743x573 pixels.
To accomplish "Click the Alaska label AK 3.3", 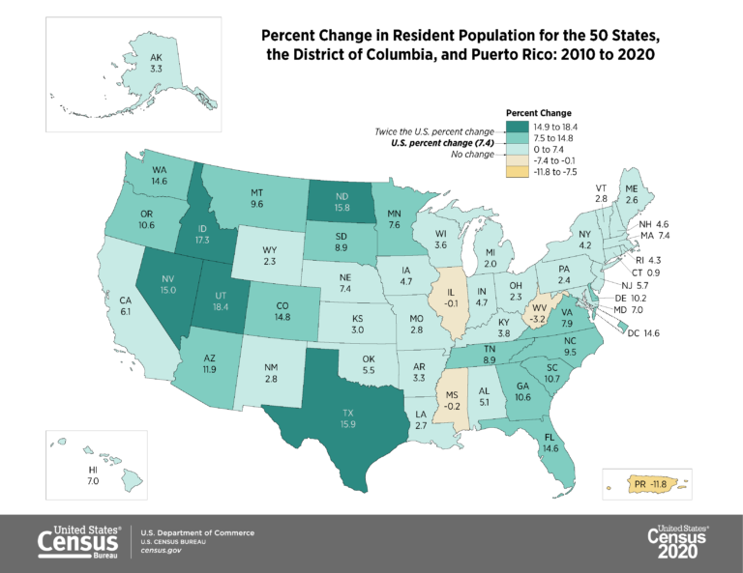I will click(156, 63).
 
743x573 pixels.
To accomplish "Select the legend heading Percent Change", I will click(539, 112).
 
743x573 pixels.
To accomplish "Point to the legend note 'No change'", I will click(473, 155).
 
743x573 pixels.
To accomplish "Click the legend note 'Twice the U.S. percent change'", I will click(434, 130).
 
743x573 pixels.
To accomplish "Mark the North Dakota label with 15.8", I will click(342, 200).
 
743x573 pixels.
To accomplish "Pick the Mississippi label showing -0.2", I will click(452, 400).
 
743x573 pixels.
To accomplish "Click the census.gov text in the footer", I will click(161, 550).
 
